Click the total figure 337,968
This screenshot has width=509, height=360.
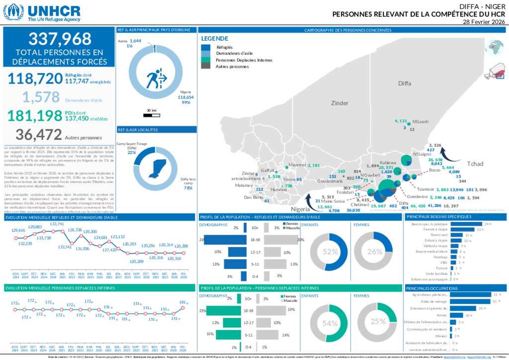click(x=60, y=39)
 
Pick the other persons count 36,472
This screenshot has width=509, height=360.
click(x=39, y=134)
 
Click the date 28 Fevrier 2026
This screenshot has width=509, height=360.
click(x=483, y=22)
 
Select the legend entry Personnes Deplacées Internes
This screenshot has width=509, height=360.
click(x=244, y=60)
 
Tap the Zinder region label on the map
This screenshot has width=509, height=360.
click(x=340, y=103)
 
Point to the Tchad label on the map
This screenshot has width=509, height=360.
click(x=475, y=164)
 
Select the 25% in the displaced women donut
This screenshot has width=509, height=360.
click(x=378, y=321)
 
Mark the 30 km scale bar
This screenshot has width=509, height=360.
click(x=151, y=115)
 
